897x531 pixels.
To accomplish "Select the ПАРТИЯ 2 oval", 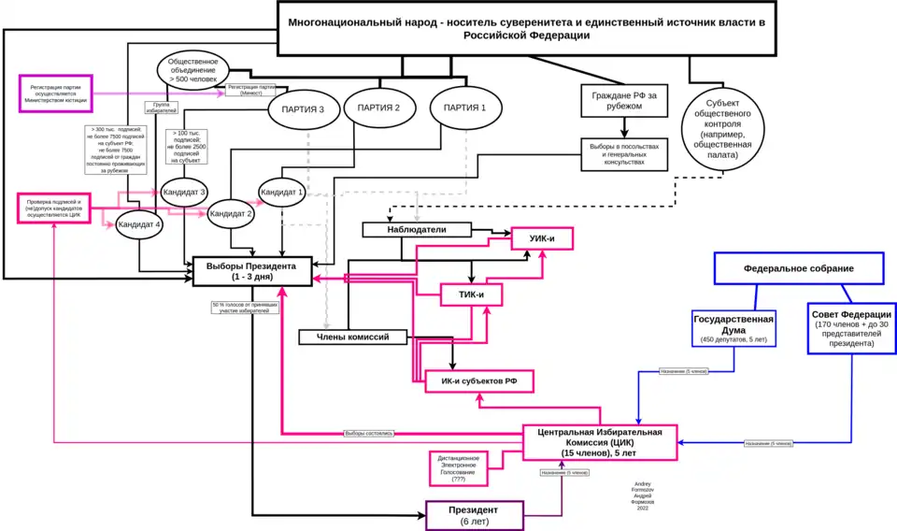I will tap(378, 108).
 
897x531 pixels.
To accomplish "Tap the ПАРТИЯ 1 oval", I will tap(464, 108).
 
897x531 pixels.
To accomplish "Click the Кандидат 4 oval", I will tap(139, 224).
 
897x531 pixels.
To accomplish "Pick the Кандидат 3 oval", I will tap(184, 192).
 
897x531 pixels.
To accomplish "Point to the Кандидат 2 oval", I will tap(231, 214).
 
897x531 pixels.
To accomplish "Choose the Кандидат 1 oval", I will tap(281, 192).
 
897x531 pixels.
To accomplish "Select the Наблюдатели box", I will tap(417, 229).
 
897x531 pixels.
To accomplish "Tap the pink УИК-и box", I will tap(541, 239).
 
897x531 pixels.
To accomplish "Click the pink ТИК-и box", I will tap(472, 295).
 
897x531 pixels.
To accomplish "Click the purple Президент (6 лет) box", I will tap(474, 515).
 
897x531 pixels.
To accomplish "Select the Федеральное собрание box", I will tap(799, 268).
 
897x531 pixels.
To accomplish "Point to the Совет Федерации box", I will tap(851, 328).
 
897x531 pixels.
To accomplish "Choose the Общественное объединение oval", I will tap(192, 70).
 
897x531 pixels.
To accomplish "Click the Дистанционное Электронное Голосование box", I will tap(458, 468).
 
